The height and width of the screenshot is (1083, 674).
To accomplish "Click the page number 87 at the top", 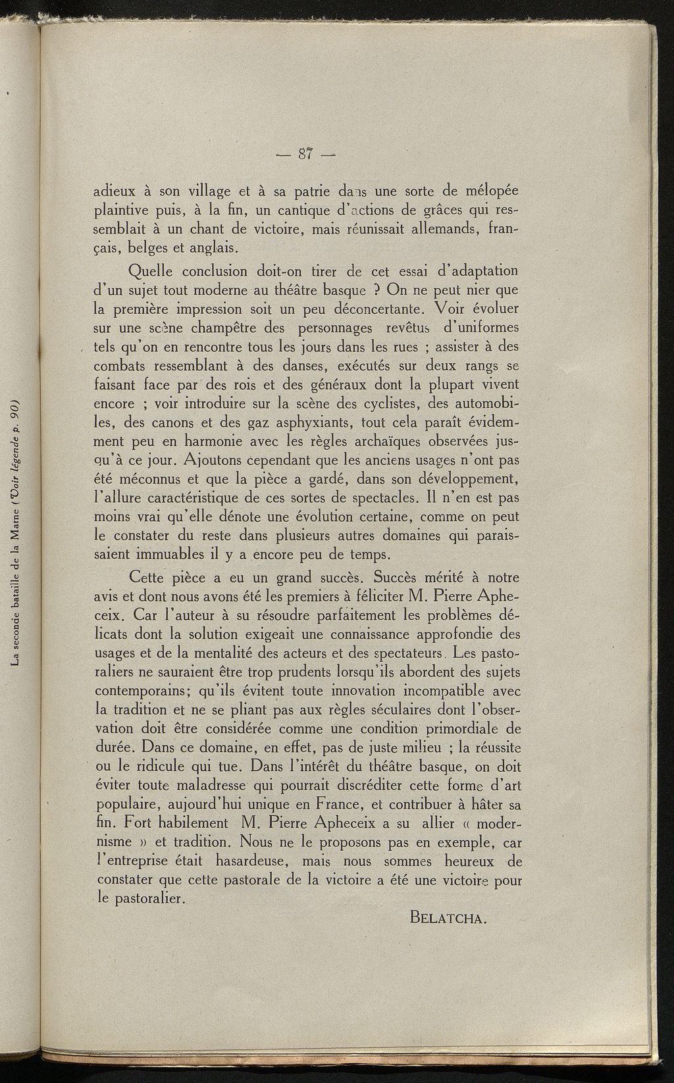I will (x=304, y=155).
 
